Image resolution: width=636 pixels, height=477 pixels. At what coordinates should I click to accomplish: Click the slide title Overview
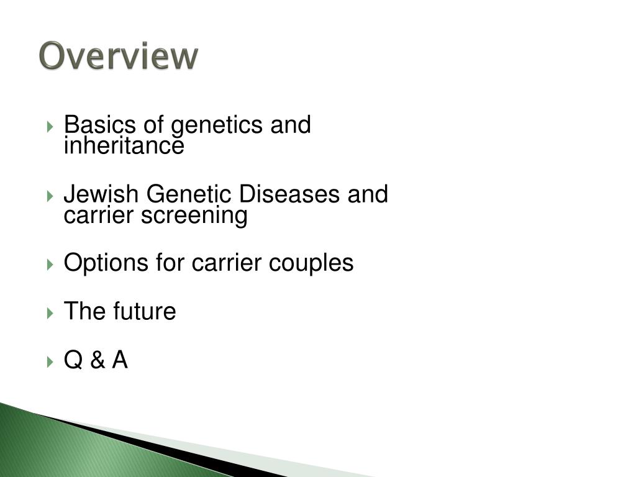point(119,57)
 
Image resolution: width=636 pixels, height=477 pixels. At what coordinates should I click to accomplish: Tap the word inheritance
point(124,147)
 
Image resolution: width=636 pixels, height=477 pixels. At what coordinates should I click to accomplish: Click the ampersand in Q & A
point(98,360)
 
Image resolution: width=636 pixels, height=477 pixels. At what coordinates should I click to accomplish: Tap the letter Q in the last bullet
point(73,360)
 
